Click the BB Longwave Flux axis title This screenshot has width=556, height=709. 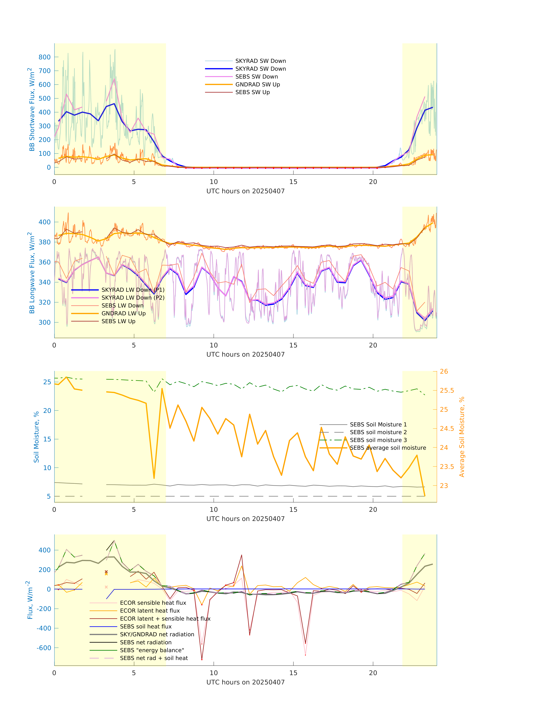(32, 273)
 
